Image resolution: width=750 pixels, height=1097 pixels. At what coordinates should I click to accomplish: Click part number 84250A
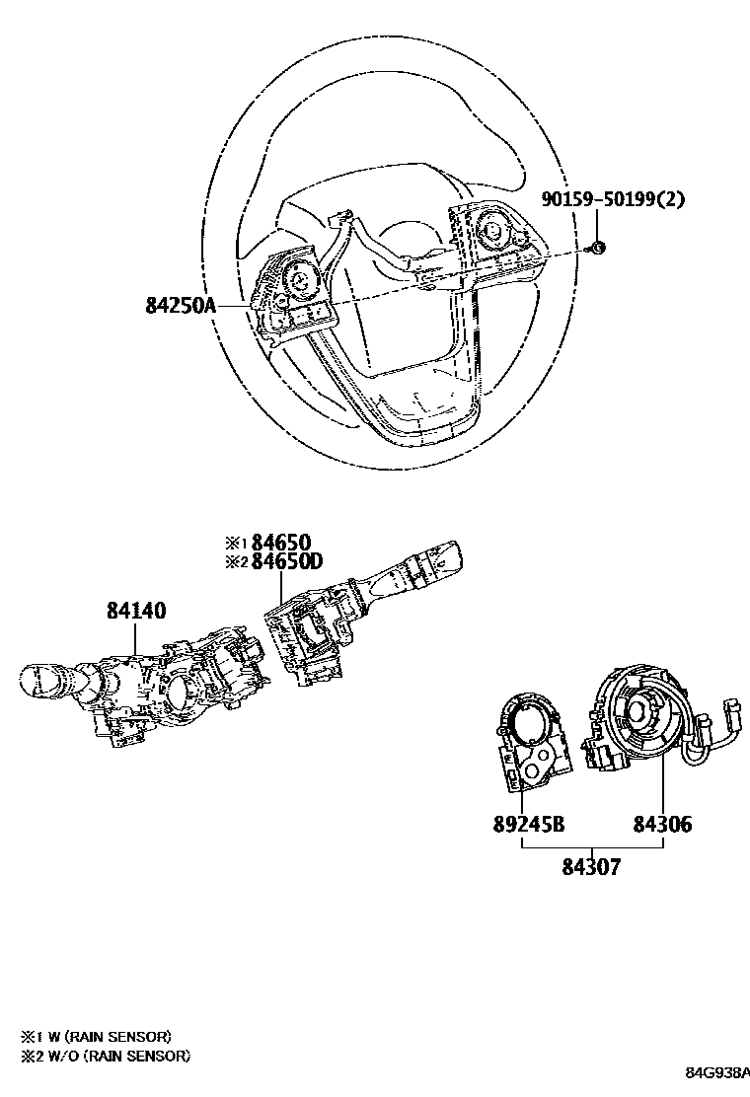click(x=181, y=305)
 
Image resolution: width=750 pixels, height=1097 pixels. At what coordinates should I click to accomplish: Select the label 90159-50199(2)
click(x=613, y=198)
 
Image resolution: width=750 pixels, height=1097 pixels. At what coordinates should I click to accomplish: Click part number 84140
click(x=136, y=611)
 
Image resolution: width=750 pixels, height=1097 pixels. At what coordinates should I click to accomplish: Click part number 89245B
click(x=529, y=824)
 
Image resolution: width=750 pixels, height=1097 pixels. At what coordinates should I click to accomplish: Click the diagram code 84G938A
click(x=717, y=1072)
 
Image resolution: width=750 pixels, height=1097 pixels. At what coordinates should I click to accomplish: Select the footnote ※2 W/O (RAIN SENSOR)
click(x=105, y=1056)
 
